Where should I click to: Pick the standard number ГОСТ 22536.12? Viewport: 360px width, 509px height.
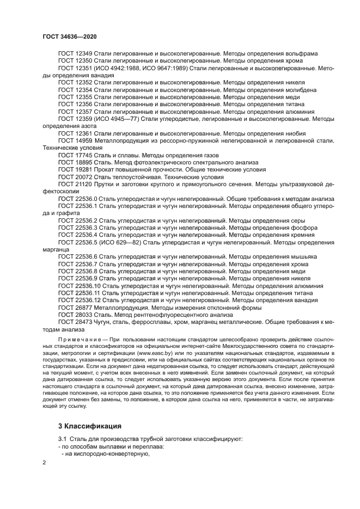point(80,300)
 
